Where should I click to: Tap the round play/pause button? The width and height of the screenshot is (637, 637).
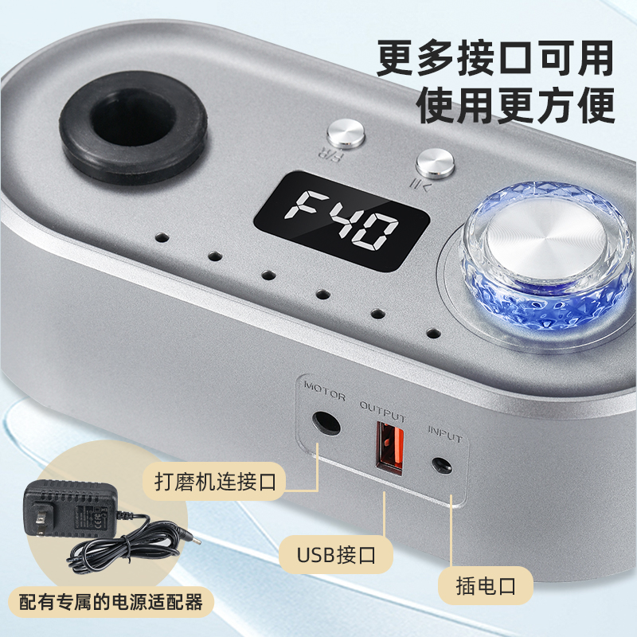coord(434,163)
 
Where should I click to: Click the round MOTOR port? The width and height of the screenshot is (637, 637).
coord(326,421)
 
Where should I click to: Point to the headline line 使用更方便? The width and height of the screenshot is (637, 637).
coord(516,105)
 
